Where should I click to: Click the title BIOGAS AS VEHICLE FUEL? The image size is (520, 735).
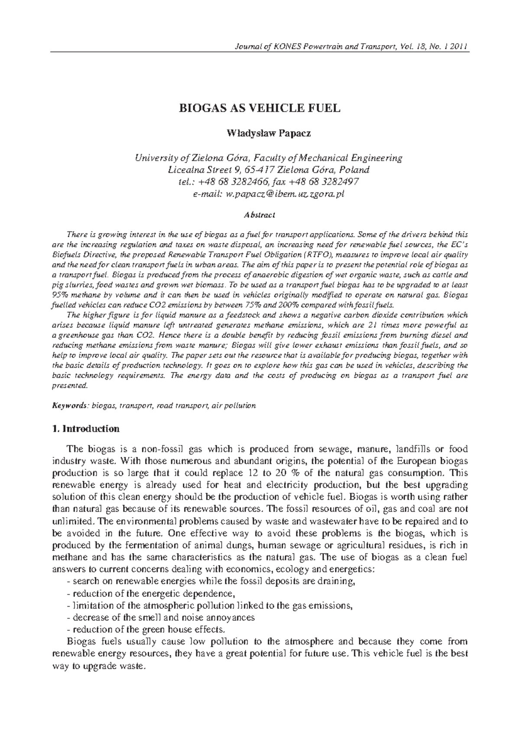(260, 108)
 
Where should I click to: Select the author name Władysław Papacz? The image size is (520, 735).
(260, 133)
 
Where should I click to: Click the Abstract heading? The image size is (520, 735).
(260, 215)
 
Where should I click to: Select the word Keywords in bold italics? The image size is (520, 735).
(69, 406)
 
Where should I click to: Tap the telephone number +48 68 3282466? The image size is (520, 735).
(237, 182)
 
